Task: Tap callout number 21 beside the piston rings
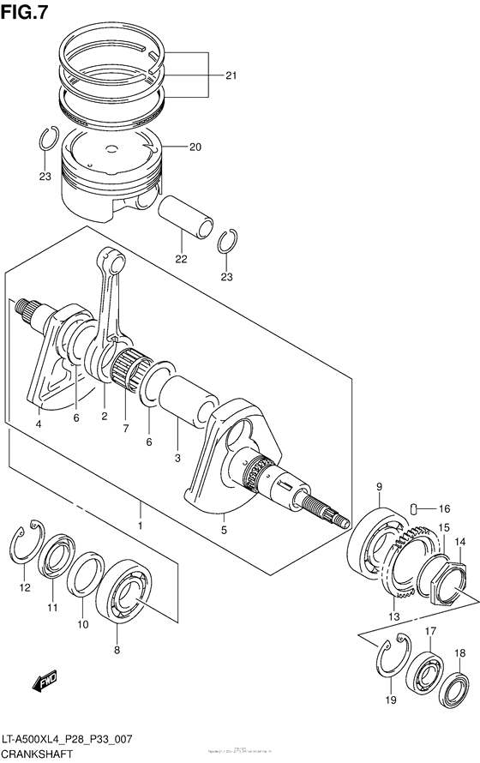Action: tap(230, 75)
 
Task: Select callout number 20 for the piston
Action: tap(195, 147)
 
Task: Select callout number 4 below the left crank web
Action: tap(39, 423)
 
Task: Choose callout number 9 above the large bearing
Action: tap(378, 488)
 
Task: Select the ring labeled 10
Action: tap(86, 573)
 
